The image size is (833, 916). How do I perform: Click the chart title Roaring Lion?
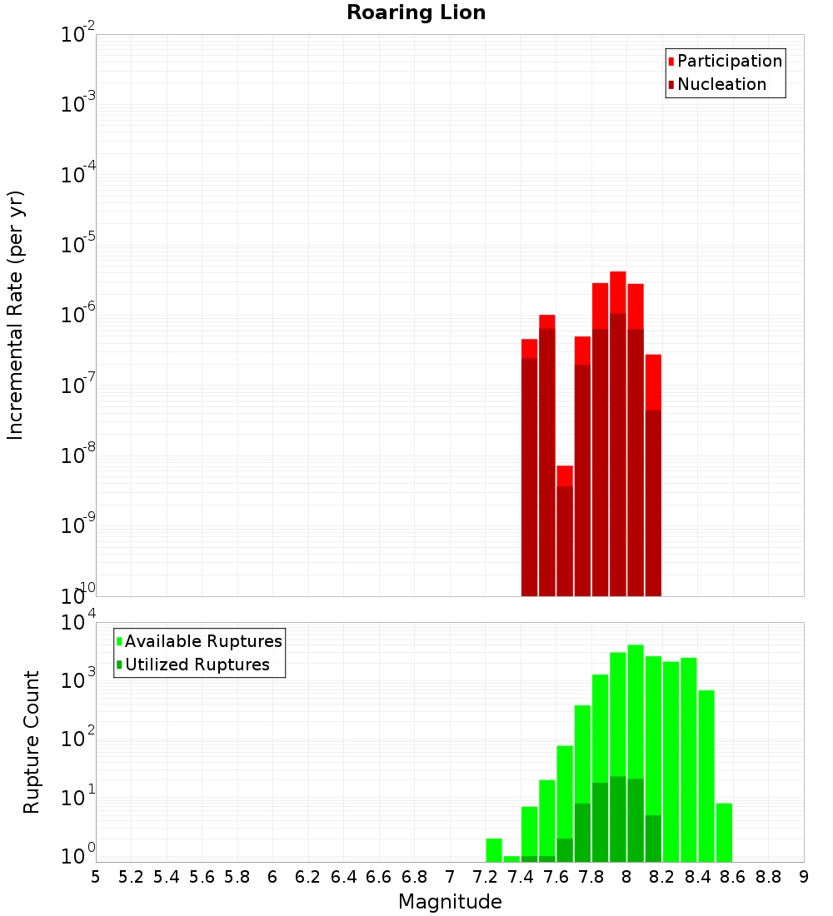[416, 12]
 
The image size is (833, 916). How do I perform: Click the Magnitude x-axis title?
[450, 902]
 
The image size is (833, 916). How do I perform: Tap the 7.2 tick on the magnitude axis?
[485, 877]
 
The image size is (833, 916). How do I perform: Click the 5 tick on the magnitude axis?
[96, 877]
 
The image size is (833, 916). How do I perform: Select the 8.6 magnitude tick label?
[733, 877]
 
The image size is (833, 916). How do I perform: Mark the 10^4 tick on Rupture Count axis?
[78, 624]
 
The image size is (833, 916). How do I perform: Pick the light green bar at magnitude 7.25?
[494, 850]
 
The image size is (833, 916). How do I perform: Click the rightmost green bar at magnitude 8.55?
[724, 833]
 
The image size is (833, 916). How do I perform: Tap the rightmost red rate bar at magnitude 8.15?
[653, 475]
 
